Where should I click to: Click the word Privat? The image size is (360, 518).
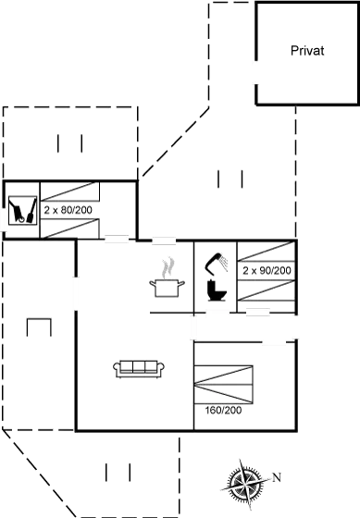click(x=306, y=52)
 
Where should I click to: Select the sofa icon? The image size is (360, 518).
click(x=139, y=368)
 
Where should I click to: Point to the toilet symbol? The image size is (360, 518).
click(x=217, y=290)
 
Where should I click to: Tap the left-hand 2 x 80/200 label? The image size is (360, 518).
click(x=68, y=211)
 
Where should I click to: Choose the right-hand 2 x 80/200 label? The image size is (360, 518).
click(x=267, y=271)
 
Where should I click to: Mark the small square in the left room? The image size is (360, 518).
click(x=38, y=328)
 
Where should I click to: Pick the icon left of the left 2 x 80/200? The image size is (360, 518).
click(x=22, y=209)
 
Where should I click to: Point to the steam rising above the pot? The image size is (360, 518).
click(x=167, y=267)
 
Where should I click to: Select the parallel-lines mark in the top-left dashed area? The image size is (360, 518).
click(x=70, y=144)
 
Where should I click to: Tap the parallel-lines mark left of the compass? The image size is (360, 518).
click(x=117, y=472)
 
